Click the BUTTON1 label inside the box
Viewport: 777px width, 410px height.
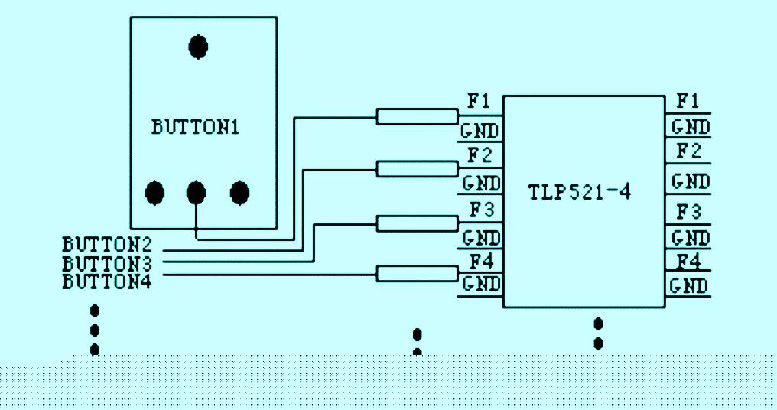pyautogui.click(x=195, y=127)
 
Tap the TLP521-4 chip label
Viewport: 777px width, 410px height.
pyautogui.click(x=580, y=192)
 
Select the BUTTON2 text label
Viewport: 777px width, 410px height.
pyautogui.click(x=107, y=245)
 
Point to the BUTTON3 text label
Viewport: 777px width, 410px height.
pyautogui.click(x=107, y=263)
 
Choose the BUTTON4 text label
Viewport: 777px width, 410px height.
pyautogui.click(x=107, y=281)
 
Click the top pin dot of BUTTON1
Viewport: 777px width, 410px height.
pyautogui.click(x=198, y=47)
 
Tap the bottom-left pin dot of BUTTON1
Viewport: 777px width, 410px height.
pyautogui.click(x=154, y=192)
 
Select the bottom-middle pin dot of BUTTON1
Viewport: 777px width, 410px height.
pyautogui.click(x=197, y=192)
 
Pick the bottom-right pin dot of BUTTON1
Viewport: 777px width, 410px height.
pyautogui.click(x=240, y=192)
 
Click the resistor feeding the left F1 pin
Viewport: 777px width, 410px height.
pyautogui.click(x=418, y=116)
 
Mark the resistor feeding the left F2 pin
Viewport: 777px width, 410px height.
pyautogui.click(x=418, y=169)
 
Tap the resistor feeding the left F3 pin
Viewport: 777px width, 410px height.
pyautogui.click(x=418, y=223)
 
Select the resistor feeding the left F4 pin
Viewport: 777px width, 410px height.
pyautogui.click(x=418, y=274)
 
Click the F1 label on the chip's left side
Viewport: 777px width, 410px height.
pyautogui.click(x=479, y=101)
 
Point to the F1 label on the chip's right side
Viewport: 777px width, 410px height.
pyautogui.click(x=688, y=101)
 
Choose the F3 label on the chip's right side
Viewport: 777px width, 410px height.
pyautogui.click(x=689, y=212)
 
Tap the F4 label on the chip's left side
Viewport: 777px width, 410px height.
pyautogui.click(x=481, y=262)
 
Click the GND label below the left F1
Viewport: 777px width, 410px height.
pyautogui.click(x=480, y=132)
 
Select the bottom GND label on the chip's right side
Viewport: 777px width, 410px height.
pyautogui.click(x=689, y=286)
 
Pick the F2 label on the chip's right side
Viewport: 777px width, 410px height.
pyautogui.click(x=689, y=151)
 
